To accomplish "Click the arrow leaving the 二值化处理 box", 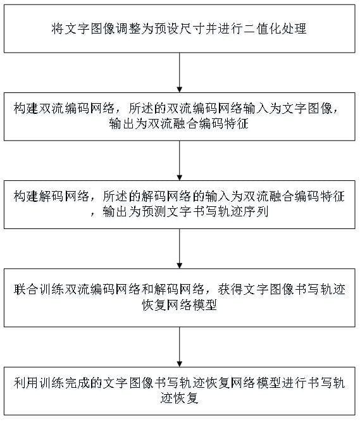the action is tap(180, 73).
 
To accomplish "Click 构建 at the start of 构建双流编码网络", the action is tap(27, 109).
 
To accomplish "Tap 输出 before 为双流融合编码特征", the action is tap(122, 124).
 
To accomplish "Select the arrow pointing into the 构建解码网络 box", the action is tap(180, 161).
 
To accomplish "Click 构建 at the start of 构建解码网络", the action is tap(27, 197).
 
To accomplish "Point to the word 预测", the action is tap(154, 212).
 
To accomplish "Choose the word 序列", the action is tap(256, 212).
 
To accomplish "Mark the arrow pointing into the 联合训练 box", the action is tap(180, 249).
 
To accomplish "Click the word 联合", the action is tap(27, 290).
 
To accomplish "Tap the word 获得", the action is tap(230, 290).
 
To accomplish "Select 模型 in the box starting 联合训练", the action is tap(205, 305).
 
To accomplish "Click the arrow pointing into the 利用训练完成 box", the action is tap(180, 347).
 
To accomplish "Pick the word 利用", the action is tap(27, 383).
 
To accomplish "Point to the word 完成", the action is tap(77, 383).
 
